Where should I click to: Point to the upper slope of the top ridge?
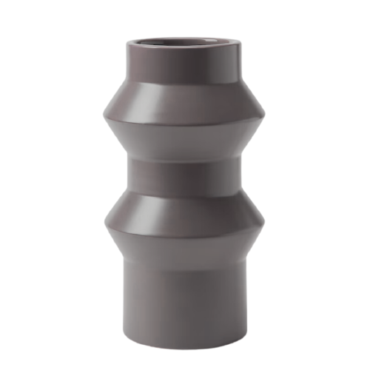pos(184,96)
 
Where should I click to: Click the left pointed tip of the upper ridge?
pos(104,117)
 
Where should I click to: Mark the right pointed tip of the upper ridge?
pos(266,117)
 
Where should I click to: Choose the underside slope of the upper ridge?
pos(184,137)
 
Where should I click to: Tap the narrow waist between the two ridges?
pos(184,174)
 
